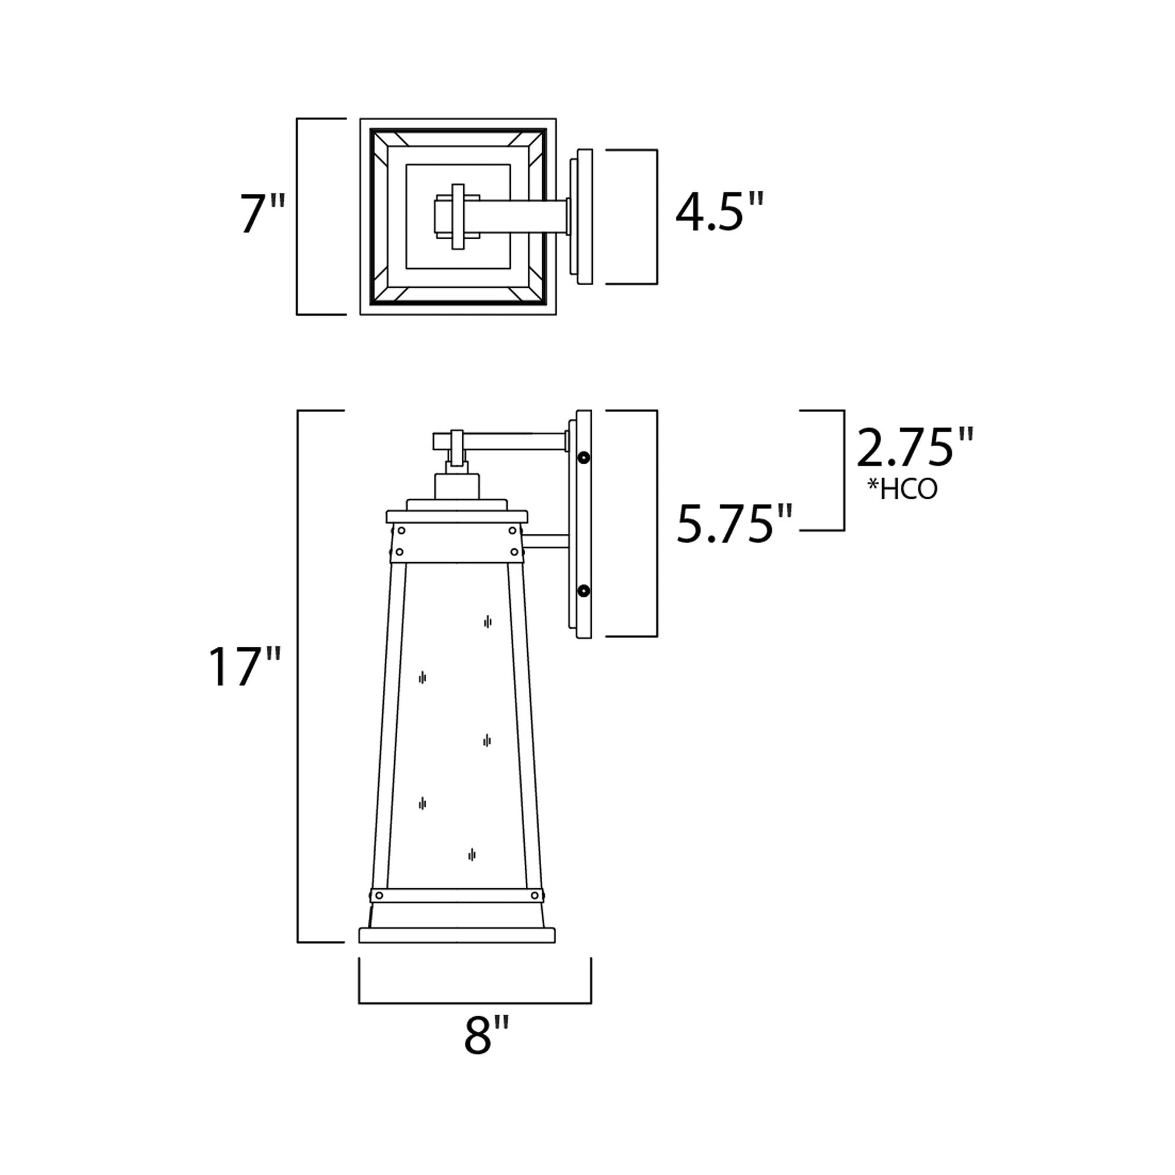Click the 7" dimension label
(x=261, y=214)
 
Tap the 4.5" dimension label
(x=719, y=213)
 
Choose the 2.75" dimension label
(x=914, y=447)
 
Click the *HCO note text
(x=903, y=489)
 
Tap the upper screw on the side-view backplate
(x=584, y=457)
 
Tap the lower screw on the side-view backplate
(x=584, y=590)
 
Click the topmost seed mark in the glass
(x=487, y=621)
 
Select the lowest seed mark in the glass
(x=471, y=854)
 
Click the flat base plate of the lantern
(x=456, y=935)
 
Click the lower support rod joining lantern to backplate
(x=546, y=541)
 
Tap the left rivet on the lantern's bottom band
(x=380, y=895)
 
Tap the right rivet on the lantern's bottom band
(x=534, y=895)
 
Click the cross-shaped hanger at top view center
(x=458, y=217)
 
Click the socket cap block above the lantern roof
(x=456, y=487)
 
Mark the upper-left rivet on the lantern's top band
(x=401, y=531)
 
